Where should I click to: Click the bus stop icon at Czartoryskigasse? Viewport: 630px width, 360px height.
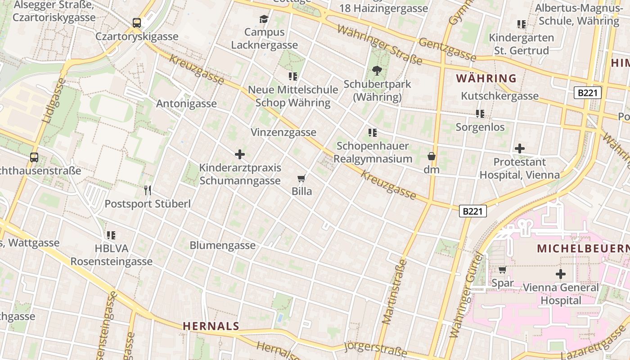click(137, 22)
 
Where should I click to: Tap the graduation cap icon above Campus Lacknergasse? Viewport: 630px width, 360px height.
click(264, 19)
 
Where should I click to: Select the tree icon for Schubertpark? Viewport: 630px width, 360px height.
click(377, 70)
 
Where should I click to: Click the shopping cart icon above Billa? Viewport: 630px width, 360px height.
click(301, 178)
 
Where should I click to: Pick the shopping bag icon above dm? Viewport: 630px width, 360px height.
click(431, 157)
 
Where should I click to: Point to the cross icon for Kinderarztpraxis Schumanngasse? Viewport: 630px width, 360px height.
click(240, 154)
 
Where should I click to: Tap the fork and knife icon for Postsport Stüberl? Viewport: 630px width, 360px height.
click(147, 190)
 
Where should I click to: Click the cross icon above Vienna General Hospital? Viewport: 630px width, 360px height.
click(561, 274)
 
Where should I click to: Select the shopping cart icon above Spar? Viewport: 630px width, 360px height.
click(502, 270)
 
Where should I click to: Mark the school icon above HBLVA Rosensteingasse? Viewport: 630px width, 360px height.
click(111, 235)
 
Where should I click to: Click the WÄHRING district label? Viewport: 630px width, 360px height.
click(486, 78)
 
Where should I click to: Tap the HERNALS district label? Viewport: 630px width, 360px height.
click(211, 326)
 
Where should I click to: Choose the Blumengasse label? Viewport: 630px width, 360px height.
click(222, 245)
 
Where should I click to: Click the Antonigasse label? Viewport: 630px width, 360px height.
click(186, 103)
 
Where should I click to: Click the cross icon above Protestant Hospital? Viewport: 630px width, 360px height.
click(520, 148)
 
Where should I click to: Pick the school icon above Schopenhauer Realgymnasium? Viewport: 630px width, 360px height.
click(372, 133)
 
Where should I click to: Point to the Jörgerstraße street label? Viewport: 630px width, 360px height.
click(375, 349)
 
